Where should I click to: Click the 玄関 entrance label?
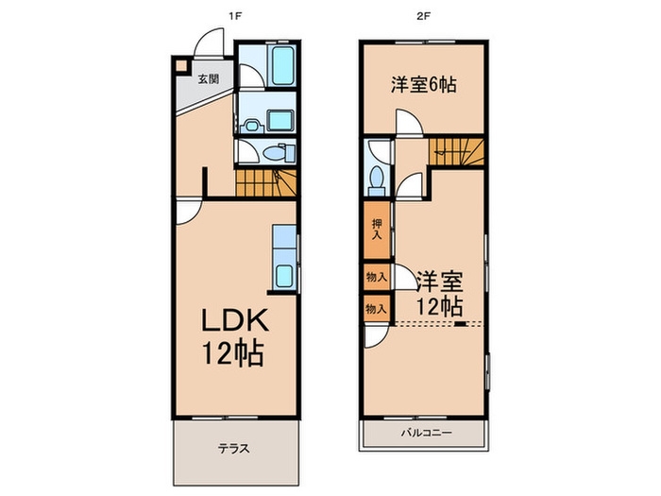209,79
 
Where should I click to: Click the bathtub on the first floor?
281,65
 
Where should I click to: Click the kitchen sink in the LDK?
283,277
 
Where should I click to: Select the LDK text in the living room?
232,321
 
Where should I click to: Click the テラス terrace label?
235,449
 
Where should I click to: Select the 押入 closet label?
376,229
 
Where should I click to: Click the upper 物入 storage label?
376,277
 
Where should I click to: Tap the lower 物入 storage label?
376,309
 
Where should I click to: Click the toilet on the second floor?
377,177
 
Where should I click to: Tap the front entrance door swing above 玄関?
210,43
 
